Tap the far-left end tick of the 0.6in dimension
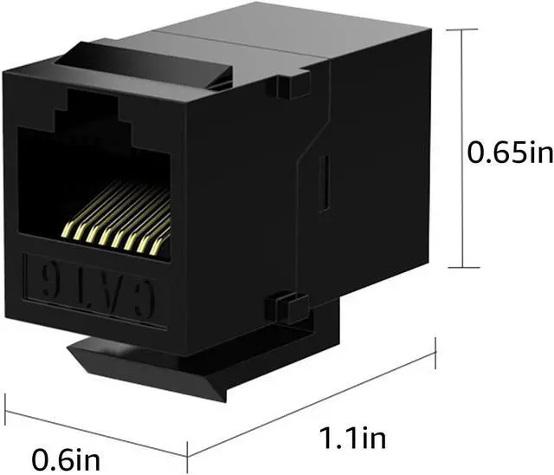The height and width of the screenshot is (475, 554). pos(6,394)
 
